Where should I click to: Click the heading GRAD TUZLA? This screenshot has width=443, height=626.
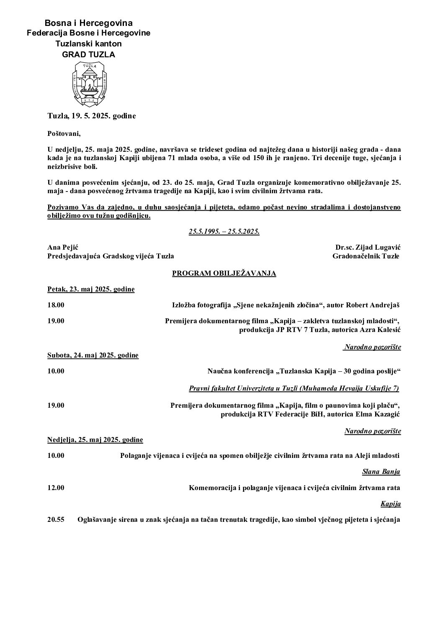pyautogui.click(x=88, y=54)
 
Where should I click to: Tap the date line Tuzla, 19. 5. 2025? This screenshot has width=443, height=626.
pyautogui.click(x=91, y=116)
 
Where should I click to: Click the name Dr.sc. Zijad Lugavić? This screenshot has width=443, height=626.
pyautogui.click(x=367, y=247)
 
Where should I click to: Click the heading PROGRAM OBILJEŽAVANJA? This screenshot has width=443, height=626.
pyautogui.click(x=224, y=273)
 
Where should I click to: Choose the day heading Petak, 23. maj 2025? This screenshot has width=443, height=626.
pyautogui.click(x=91, y=289)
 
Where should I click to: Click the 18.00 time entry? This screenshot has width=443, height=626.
pyautogui.click(x=56, y=305)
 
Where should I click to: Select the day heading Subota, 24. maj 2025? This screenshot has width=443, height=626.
pyautogui.click(x=93, y=355)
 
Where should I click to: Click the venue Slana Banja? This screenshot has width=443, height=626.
pyautogui.click(x=381, y=472)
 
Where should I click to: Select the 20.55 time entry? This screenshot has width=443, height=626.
pyautogui.click(x=56, y=520)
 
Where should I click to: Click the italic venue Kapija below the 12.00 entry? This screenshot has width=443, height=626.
pyautogui.click(x=390, y=504)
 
